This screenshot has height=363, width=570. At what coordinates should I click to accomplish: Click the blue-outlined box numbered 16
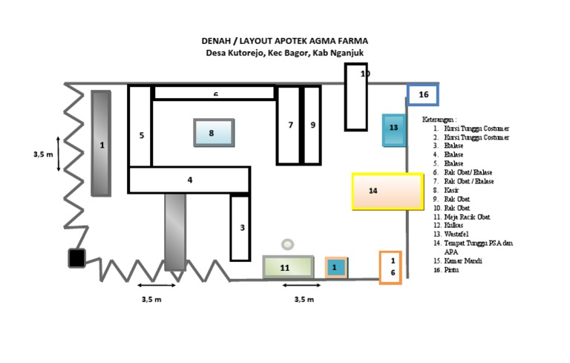point(423,94)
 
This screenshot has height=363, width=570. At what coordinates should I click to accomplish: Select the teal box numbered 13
point(393,129)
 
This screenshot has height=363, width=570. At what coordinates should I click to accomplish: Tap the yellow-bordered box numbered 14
point(378,191)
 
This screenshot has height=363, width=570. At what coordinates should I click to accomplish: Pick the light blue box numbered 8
point(214,133)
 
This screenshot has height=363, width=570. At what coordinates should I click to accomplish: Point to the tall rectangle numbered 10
point(356,97)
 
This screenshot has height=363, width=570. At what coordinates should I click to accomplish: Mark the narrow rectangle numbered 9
point(312,125)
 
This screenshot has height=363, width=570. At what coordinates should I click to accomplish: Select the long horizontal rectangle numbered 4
point(189,180)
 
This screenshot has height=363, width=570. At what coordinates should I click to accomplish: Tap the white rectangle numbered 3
point(240,227)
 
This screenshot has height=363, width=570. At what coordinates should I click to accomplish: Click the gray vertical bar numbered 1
point(102,143)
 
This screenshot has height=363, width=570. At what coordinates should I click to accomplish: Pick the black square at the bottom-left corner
point(76,258)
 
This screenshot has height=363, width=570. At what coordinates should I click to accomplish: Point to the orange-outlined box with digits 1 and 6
point(391,267)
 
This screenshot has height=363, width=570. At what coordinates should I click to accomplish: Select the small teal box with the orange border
point(335,266)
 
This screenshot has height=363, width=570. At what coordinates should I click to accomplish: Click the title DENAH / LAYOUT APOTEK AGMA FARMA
point(285,42)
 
